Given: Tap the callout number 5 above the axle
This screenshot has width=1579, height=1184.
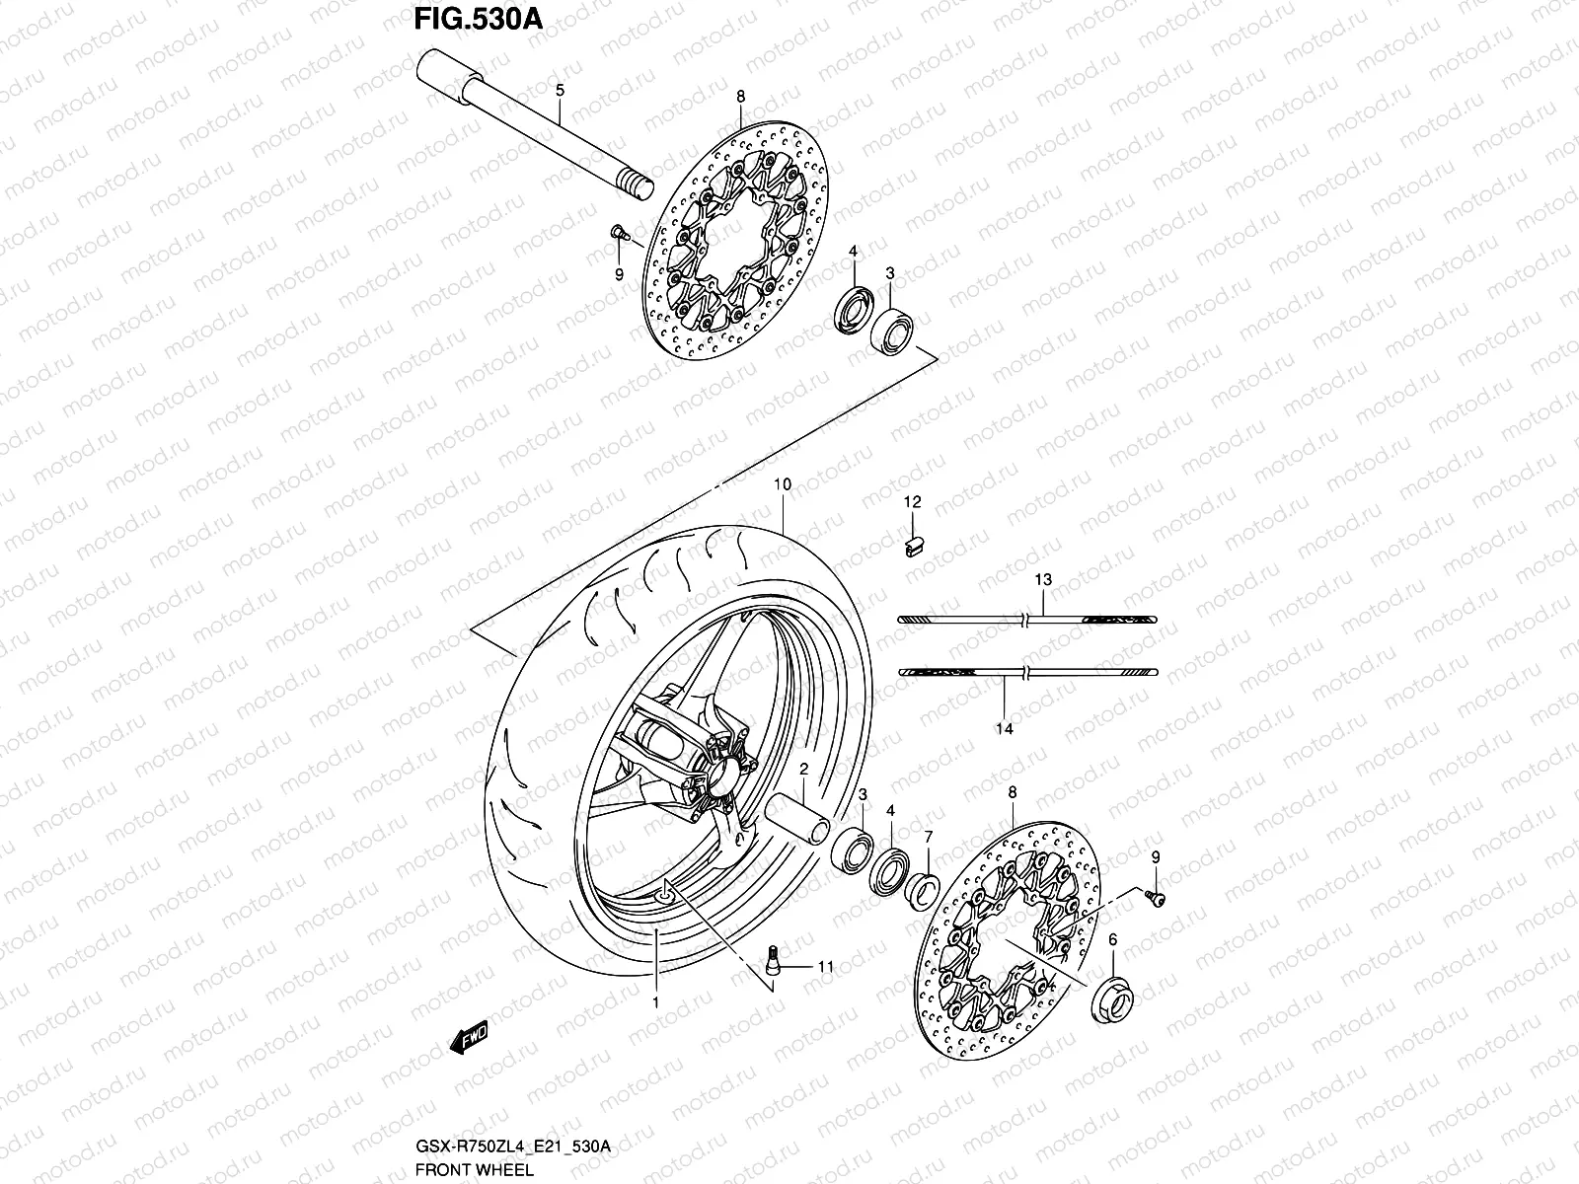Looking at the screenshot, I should click(560, 91).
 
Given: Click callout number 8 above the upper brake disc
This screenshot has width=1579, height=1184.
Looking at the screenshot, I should click(740, 96).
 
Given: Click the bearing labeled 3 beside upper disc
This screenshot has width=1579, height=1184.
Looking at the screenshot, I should click(892, 329).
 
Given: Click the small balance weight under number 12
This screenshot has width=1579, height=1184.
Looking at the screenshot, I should click(912, 544).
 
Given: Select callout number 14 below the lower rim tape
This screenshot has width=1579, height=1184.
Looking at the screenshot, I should click(1005, 729).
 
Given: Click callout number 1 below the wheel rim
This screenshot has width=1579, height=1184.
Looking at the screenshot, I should click(655, 1002).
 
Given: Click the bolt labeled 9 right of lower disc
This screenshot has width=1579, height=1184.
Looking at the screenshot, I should click(1155, 895).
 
